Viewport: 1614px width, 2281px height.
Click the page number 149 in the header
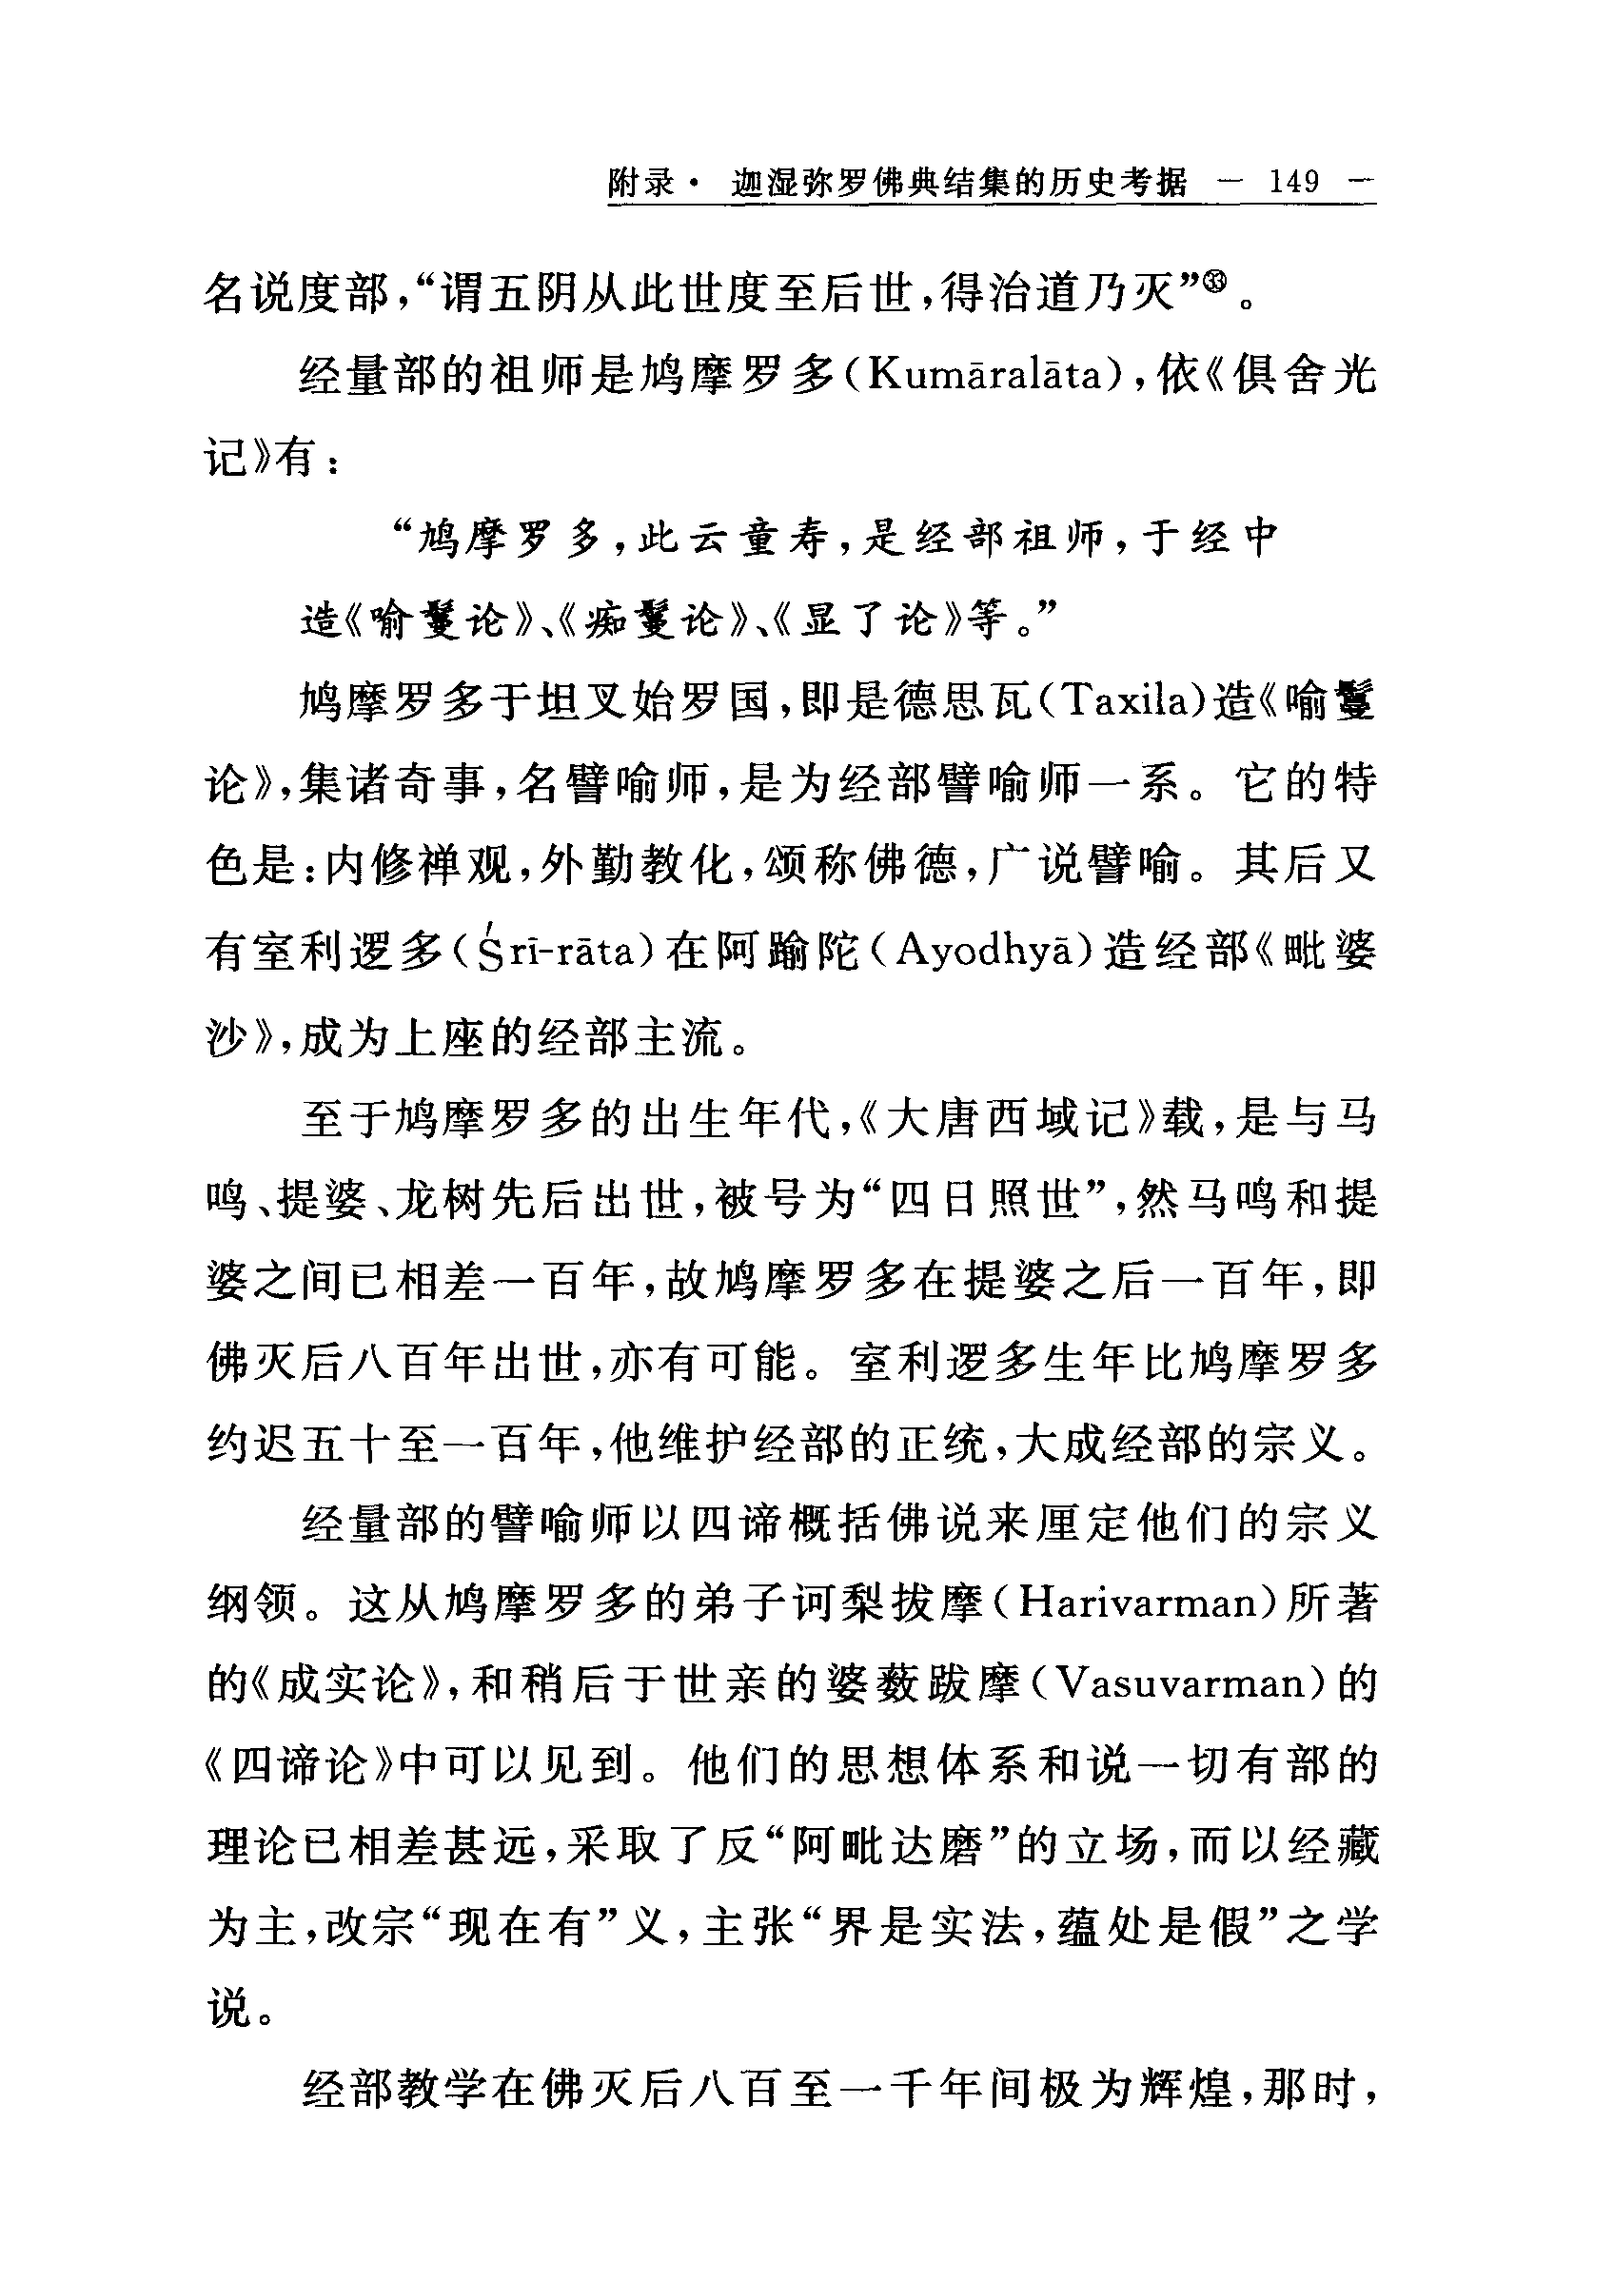point(1294,182)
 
